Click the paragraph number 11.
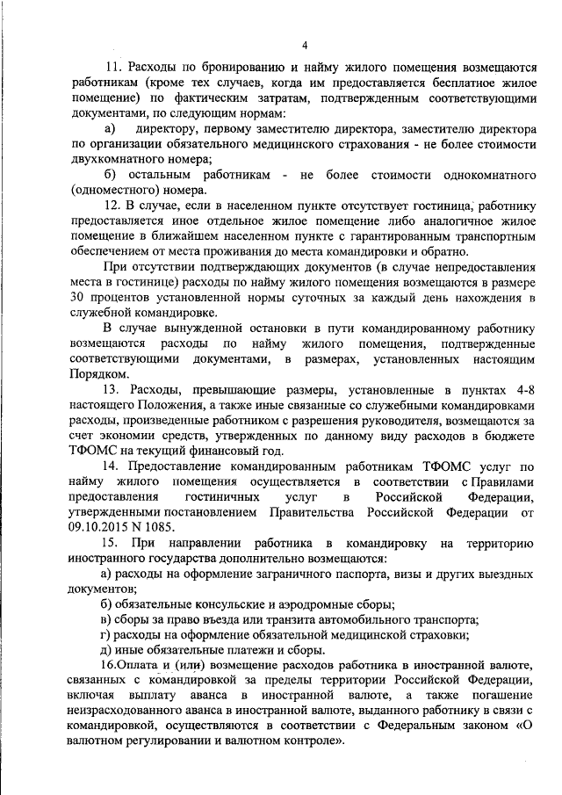112,68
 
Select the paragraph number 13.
112,389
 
